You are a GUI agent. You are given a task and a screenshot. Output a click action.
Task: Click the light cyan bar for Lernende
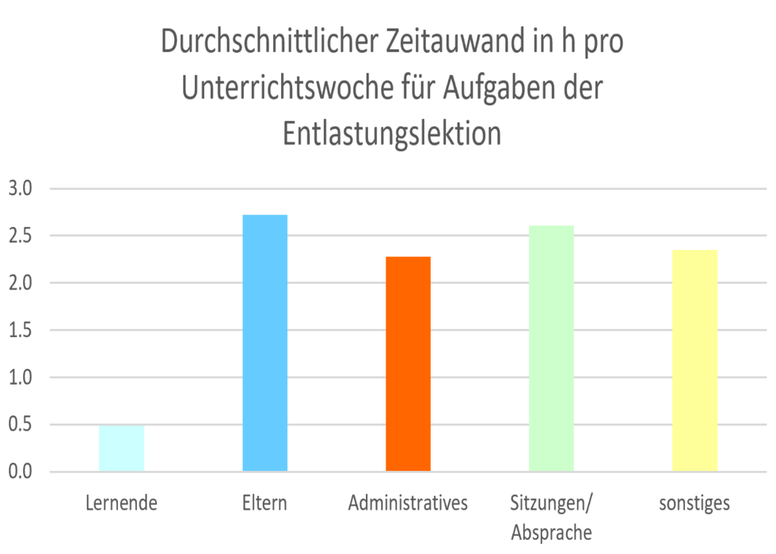coord(121,449)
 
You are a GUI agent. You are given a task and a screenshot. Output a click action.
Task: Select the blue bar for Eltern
coord(264,343)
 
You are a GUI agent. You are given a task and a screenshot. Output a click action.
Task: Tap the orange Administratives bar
coord(408,364)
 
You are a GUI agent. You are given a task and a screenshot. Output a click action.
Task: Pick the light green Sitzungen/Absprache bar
coord(551,349)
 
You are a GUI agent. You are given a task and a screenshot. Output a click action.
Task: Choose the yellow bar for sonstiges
coord(694,361)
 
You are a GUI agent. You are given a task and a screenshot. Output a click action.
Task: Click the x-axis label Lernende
coord(121,503)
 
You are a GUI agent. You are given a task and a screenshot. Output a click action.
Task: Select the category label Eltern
coord(264,503)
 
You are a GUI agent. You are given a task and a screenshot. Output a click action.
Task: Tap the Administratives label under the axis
coord(408,503)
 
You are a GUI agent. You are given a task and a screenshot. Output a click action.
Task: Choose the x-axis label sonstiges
coord(694,503)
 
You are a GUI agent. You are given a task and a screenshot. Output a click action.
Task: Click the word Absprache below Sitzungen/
coord(551,531)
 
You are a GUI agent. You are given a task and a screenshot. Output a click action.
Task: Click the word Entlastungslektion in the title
coord(392,134)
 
